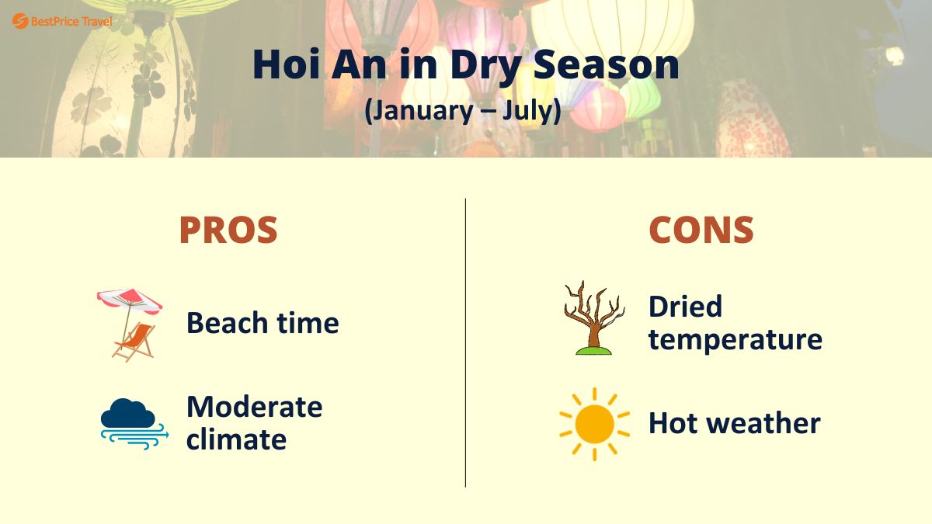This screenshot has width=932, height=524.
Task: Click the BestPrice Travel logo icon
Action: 20,22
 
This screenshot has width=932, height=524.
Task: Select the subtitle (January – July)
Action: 464,109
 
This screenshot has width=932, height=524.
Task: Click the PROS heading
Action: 228,230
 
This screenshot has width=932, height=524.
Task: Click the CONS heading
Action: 701,230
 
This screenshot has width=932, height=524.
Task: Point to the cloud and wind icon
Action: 133,423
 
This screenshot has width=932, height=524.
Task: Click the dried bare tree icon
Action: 593,319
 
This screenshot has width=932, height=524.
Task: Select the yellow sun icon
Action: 594,424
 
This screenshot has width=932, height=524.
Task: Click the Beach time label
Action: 263,323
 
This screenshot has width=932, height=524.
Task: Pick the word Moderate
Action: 254,407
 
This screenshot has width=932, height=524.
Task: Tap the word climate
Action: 236,440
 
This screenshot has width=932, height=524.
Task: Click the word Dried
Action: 685,307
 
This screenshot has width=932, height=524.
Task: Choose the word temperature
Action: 735,340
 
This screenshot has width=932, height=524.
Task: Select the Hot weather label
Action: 734,424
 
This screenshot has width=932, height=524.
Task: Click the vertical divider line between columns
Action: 466,342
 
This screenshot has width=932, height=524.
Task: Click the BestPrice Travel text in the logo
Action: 71,22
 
